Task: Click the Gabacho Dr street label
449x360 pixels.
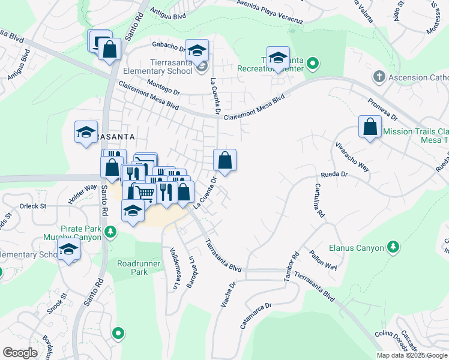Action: coord(169,46)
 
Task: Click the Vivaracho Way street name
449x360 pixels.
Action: coord(352,157)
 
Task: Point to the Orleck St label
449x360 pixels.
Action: coord(32,206)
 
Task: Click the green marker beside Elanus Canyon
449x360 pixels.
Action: coord(393,247)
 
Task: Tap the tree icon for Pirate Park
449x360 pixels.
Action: coord(110,231)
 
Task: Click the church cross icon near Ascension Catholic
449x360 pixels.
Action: coord(378,77)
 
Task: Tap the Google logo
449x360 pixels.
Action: coord(20,353)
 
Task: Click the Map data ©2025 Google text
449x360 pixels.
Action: coord(411,355)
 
